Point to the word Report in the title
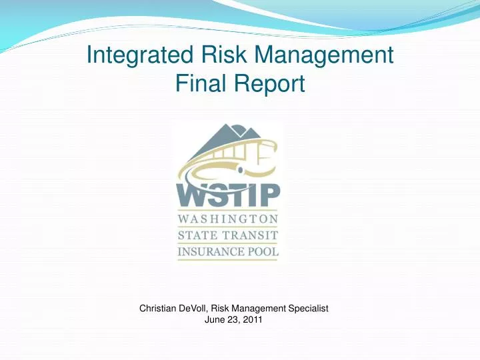tap(271, 84)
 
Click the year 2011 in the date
tap(252, 320)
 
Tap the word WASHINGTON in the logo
tap(227, 219)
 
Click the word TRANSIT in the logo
tap(250, 235)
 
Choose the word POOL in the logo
tap(263, 252)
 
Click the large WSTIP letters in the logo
tap(228, 193)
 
